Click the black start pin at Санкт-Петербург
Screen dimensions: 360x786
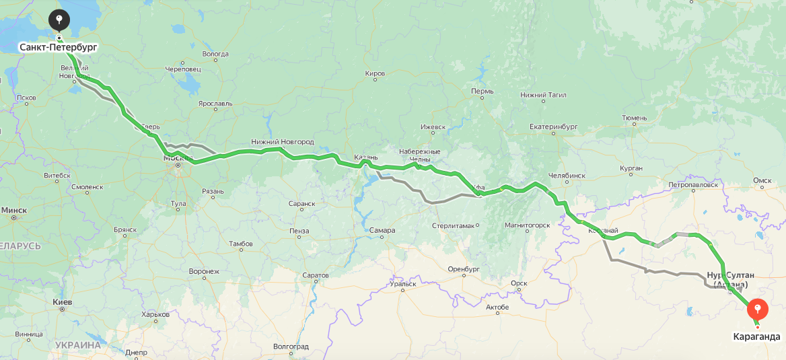(x=59, y=20)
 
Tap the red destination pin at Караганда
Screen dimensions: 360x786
(x=757, y=310)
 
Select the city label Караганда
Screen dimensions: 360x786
(x=756, y=336)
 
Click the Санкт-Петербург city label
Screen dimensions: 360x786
(x=58, y=47)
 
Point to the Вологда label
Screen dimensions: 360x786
(x=215, y=54)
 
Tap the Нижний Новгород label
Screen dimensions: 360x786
(x=283, y=142)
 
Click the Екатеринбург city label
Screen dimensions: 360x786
(x=554, y=127)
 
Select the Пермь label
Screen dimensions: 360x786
(x=483, y=92)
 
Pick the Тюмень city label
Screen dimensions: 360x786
(x=634, y=118)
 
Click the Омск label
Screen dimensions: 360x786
(x=762, y=180)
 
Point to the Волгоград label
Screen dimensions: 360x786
(x=291, y=347)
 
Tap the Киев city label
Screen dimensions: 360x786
(x=63, y=302)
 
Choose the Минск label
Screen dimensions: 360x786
(x=13, y=210)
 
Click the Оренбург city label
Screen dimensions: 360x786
(x=463, y=269)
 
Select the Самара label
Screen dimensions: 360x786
(x=382, y=231)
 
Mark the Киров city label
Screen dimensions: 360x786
(x=375, y=73)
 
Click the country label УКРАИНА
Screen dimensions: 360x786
(x=78, y=345)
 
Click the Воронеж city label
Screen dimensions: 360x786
(x=204, y=271)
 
